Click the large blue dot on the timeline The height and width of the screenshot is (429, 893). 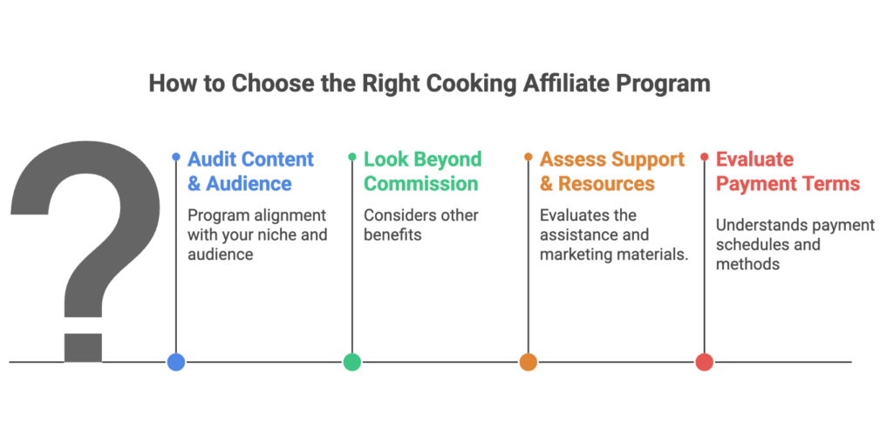point(176,362)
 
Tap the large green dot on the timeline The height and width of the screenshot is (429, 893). point(352,362)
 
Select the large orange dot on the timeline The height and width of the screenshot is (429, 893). point(528,362)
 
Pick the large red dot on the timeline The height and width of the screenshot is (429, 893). point(704,362)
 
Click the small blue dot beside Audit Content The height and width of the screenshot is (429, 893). point(176,157)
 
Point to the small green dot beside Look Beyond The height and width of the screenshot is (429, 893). point(352,157)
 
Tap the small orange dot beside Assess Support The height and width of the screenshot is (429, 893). point(528,157)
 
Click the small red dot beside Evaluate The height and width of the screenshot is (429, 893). point(704,157)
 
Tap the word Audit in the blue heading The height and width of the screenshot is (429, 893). point(213,160)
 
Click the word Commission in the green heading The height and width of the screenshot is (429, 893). point(421,184)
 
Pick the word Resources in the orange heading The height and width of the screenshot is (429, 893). point(607,184)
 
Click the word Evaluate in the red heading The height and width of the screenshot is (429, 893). point(754,160)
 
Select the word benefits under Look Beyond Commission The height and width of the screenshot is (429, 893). point(394,235)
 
